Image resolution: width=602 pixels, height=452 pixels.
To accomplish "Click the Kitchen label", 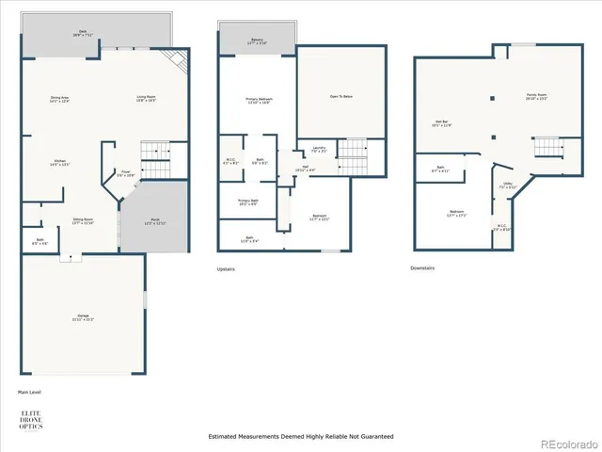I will click(59, 162).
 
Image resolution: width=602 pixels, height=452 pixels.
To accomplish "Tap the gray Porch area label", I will click(154, 222).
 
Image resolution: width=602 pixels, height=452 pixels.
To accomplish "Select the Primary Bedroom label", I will click(258, 101).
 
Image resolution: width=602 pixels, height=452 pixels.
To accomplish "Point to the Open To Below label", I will click(341, 96).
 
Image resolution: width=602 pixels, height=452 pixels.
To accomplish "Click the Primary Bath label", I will click(248, 202).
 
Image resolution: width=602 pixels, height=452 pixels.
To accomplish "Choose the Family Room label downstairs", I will click(536, 97).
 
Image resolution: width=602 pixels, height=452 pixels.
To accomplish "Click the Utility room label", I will click(507, 186).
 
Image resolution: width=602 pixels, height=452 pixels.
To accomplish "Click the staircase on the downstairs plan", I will click(547, 148).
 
